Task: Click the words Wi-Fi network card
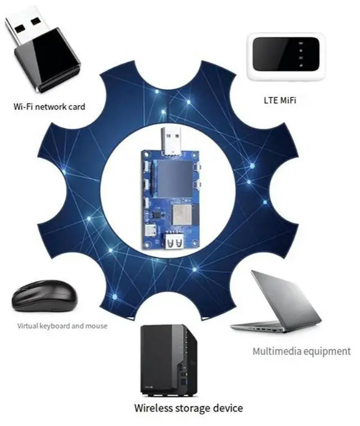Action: (49, 106)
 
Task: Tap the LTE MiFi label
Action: (280, 101)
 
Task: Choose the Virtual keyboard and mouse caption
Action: (62, 325)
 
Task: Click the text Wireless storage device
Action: (188, 407)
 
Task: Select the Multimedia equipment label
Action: (301, 351)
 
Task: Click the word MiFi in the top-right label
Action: (288, 101)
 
